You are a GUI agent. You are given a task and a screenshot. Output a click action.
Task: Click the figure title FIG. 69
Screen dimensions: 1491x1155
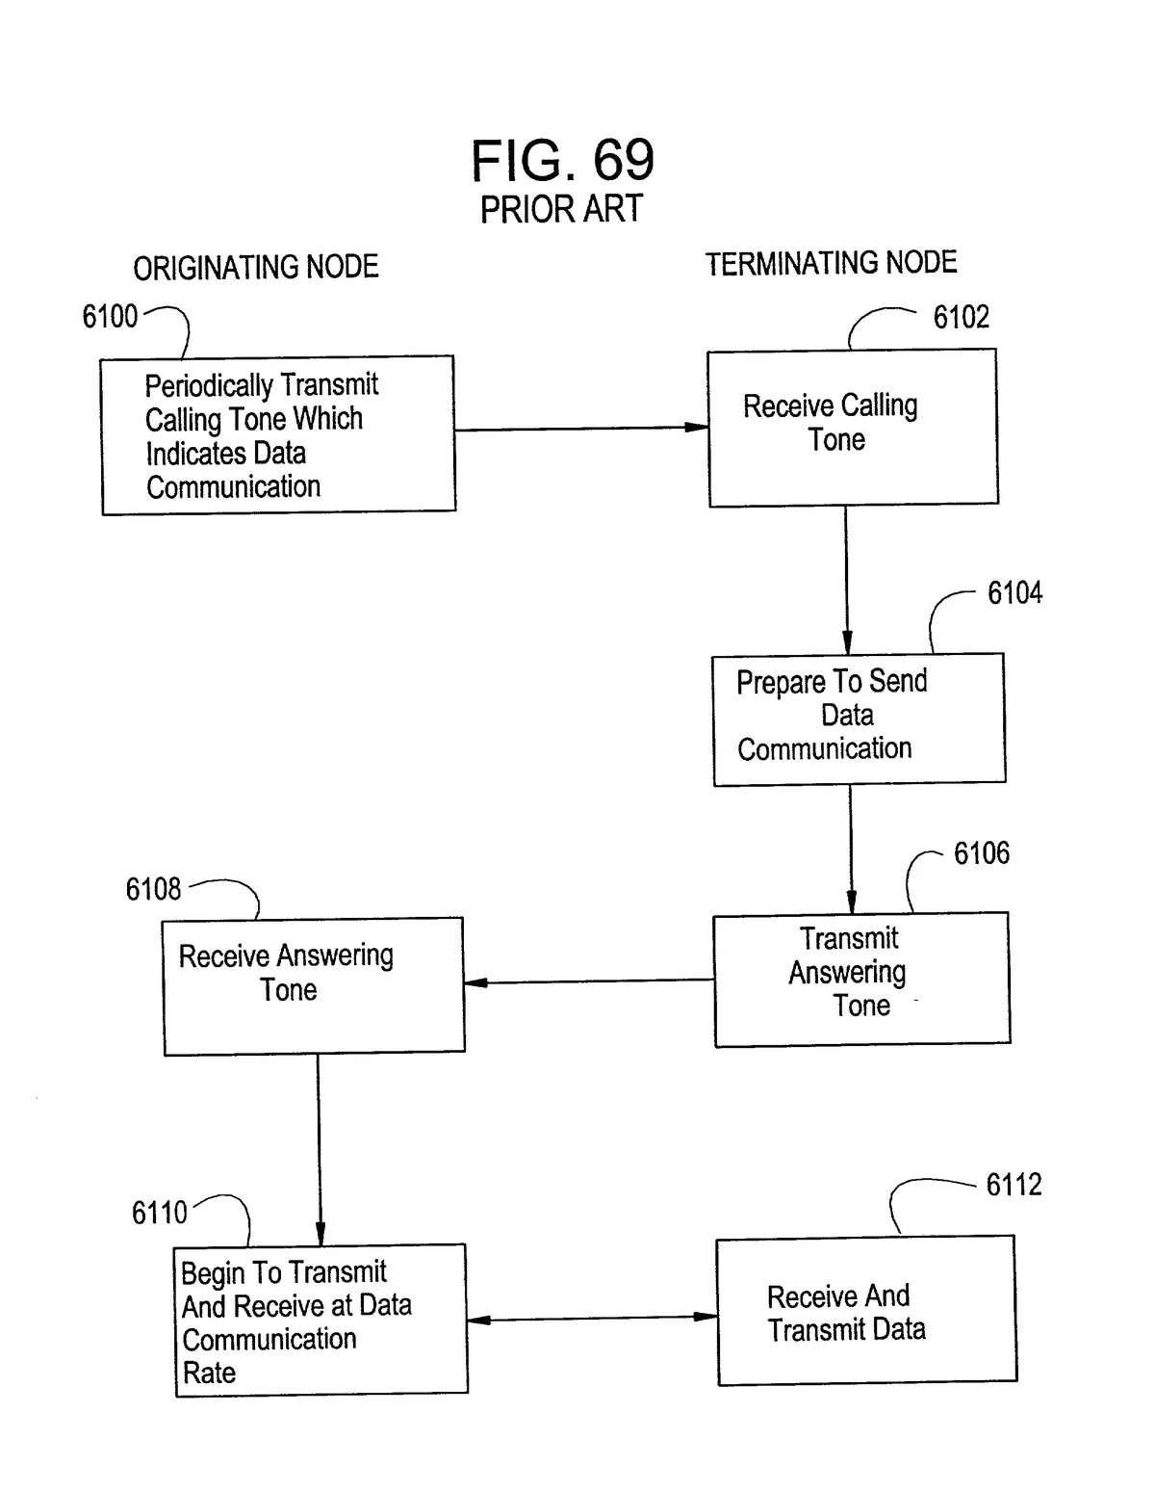click(x=562, y=160)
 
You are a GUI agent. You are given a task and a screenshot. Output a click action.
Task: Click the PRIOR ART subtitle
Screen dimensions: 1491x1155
click(x=561, y=209)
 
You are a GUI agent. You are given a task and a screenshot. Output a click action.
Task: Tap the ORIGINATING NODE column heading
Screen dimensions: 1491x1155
click(x=256, y=267)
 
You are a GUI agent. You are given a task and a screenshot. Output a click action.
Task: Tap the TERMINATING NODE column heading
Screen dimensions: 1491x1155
click(x=831, y=263)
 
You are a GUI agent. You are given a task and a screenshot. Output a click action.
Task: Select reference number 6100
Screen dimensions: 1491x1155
click(x=110, y=316)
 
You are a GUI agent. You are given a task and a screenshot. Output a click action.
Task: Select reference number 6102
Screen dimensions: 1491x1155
click(x=961, y=317)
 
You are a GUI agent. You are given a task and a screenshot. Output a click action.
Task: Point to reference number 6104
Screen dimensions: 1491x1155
click(x=1014, y=592)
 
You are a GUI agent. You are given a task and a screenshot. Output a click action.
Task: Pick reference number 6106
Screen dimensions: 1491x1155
click(x=981, y=852)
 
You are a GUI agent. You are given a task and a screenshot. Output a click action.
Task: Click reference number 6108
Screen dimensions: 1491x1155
click(x=153, y=888)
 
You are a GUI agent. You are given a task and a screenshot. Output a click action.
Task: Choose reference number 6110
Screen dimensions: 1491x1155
click(x=160, y=1212)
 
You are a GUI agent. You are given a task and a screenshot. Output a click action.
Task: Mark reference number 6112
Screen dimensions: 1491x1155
click(x=1014, y=1184)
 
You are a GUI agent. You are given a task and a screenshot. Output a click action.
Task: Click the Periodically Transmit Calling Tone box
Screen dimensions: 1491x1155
click(x=278, y=434)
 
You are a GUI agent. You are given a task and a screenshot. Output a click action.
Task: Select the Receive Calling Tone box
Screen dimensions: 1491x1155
click(x=853, y=427)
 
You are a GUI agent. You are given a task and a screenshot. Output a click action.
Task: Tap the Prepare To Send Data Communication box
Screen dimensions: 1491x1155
click(x=859, y=719)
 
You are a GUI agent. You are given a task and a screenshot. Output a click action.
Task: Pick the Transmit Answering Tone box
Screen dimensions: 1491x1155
click(x=861, y=979)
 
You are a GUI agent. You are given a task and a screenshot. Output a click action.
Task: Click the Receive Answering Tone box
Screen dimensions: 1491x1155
click(x=314, y=985)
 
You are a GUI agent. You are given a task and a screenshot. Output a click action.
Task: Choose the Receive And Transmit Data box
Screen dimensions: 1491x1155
click(x=866, y=1310)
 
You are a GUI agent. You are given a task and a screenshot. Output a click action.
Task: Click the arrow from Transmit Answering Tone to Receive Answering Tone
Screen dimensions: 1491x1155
click(x=589, y=981)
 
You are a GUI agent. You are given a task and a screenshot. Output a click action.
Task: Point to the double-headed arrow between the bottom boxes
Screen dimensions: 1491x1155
click(x=592, y=1318)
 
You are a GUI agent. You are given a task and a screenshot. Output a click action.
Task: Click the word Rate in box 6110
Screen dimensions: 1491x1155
click(x=209, y=1373)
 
